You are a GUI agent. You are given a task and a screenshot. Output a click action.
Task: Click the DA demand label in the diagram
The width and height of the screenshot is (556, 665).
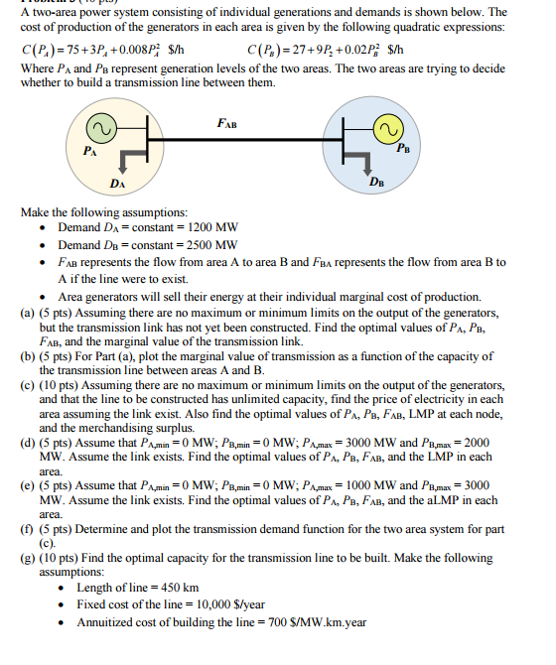point(118,185)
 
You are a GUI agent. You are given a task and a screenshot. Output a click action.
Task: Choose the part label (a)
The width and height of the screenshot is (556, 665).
point(27,313)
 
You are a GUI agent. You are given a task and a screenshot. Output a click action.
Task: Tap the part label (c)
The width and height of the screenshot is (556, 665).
point(27,386)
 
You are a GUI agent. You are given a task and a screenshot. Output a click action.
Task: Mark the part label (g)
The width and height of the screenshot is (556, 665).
point(27,559)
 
